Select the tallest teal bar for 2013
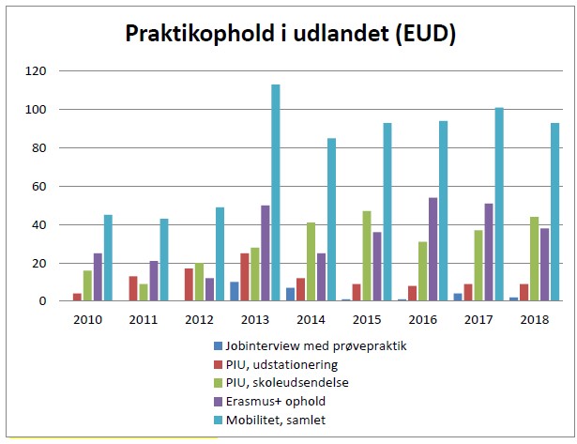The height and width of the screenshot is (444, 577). click(276, 192)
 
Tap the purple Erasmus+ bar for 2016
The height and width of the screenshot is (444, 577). click(433, 249)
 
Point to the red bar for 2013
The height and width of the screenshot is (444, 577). click(244, 277)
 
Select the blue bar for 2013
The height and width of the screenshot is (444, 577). click(234, 291)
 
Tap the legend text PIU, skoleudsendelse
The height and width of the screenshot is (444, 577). click(285, 384)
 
